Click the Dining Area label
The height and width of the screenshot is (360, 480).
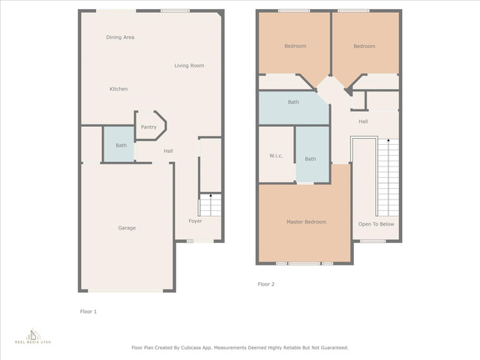tap(120, 37)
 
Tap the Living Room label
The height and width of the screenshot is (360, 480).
tap(189, 65)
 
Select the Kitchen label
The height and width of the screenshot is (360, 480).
tap(118, 89)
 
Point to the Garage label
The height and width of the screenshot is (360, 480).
tap(127, 228)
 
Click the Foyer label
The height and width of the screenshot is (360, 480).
tap(195, 221)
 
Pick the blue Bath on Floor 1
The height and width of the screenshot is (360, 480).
tap(119, 144)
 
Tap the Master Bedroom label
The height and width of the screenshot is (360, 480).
tap(307, 222)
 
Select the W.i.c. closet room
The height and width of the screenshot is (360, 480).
tap(277, 154)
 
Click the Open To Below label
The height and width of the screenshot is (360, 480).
tap(376, 224)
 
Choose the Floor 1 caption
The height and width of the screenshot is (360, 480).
tap(88, 312)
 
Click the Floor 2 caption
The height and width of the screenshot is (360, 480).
tap(266, 284)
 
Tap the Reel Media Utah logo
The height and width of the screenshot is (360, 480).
tap(33, 336)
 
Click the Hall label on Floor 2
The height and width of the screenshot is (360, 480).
tap(363, 121)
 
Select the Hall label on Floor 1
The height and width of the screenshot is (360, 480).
tap(168, 151)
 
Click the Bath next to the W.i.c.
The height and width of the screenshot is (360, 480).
tap(312, 154)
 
